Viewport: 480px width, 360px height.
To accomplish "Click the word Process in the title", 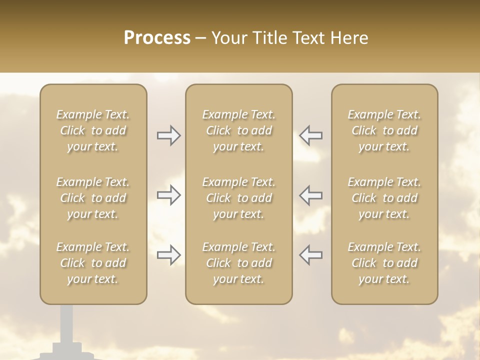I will (157, 38).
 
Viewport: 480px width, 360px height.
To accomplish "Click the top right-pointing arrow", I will (168, 135).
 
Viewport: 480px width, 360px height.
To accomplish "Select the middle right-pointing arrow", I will (168, 195).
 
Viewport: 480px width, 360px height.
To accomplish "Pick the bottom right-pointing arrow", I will (168, 255).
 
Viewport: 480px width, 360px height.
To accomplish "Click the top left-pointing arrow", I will (311, 135).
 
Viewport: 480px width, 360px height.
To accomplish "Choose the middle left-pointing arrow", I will (311, 195).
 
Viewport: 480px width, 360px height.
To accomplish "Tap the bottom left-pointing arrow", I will (311, 255).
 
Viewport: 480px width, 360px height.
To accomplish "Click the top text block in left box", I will (93, 130).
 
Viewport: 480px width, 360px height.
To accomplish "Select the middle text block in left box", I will (93, 198).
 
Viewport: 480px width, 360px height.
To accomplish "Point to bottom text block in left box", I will (93, 263).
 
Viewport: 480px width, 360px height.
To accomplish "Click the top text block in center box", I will (239, 130).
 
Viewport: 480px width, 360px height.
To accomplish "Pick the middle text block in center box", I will (239, 198).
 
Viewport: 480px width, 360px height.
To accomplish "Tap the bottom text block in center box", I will (239, 263).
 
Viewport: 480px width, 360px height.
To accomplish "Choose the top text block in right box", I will (384, 130).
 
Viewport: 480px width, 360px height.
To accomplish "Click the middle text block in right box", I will (384, 198).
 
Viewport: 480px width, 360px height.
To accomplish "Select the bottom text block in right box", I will (384, 263).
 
